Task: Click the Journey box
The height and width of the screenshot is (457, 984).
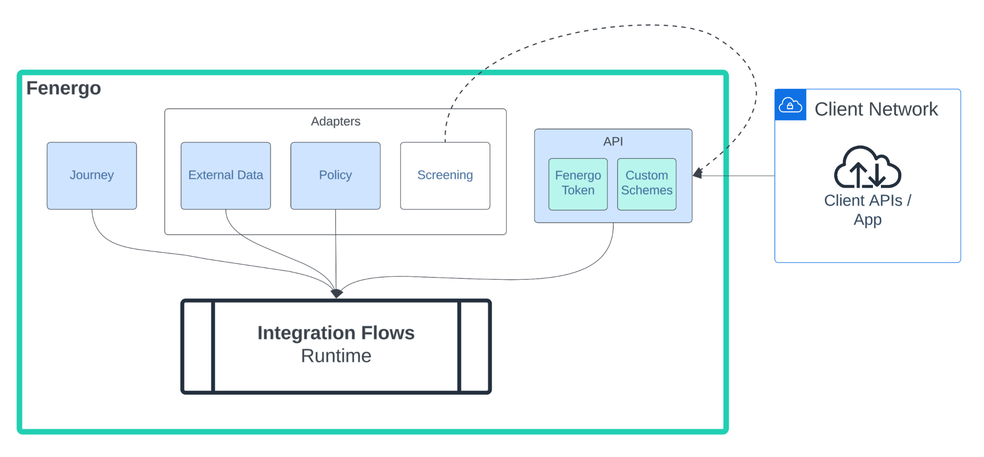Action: [x=92, y=175]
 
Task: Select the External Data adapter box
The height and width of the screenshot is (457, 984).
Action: [x=226, y=175]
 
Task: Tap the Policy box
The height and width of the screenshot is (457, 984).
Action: [x=335, y=175]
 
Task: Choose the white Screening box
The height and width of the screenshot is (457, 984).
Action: [x=445, y=175]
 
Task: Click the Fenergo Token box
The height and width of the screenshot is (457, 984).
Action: [x=578, y=183]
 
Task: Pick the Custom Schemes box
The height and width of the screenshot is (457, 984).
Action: [x=646, y=183]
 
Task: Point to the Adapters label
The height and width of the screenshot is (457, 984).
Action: [x=335, y=121]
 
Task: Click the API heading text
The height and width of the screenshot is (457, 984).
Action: [x=613, y=141]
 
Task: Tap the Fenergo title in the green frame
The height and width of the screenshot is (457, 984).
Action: [x=64, y=88]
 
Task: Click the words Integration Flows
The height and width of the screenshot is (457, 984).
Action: [x=336, y=333]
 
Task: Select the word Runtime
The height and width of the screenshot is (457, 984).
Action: [x=336, y=356]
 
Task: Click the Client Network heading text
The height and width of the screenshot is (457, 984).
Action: [x=876, y=109]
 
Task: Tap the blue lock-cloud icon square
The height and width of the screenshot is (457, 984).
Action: [x=790, y=105]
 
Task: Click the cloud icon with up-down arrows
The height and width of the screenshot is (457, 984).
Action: [x=867, y=168]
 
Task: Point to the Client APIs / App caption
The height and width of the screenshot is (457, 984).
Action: [x=867, y=209]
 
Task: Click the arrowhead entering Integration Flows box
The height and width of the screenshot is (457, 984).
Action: [x=336, y=293]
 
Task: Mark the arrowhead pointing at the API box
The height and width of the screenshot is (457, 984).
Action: [x=698, y=173]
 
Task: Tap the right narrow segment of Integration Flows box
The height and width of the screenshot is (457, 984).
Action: [x=474, y=347]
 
